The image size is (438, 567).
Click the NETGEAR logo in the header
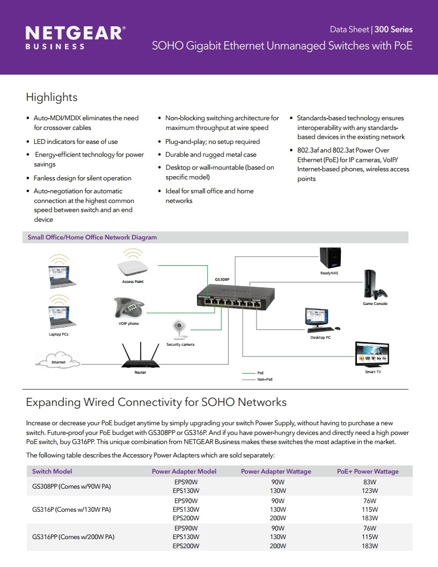(75, 37)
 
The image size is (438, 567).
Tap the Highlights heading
(52, 97)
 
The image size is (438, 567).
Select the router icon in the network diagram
(140, 355)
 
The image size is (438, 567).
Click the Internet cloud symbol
(58, 360)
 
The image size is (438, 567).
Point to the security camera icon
(179, 330)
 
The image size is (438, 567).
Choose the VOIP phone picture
(129, 307)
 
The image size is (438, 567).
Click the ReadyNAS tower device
(330, 258)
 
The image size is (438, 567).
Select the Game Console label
(375, 304)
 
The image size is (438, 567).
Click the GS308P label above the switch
(222, 280)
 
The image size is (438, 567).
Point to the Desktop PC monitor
(317, 317)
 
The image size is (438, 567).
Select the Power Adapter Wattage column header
(276, 471)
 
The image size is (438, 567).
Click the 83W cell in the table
(370, 482)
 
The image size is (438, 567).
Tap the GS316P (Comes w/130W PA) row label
(71, 510)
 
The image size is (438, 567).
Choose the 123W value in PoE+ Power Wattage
(370, 491)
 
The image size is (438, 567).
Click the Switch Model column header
(52, 471)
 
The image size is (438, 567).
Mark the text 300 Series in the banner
(393, 30)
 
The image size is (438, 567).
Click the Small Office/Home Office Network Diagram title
(92, 237)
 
